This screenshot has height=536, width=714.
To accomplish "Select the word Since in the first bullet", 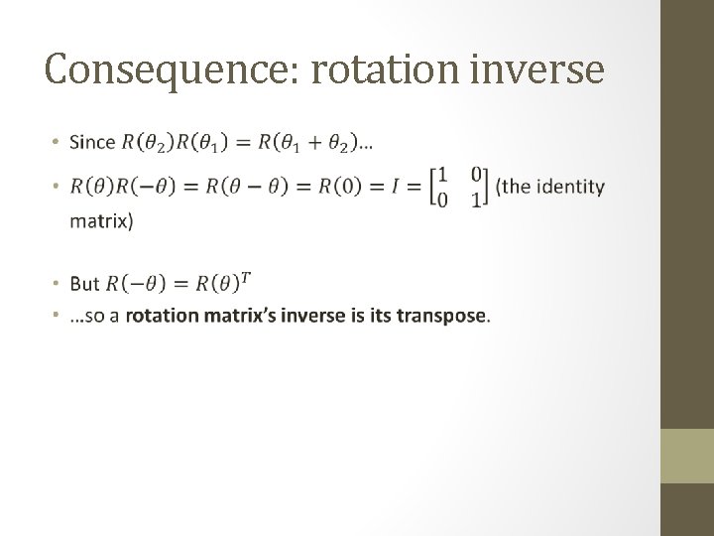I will [92, 143].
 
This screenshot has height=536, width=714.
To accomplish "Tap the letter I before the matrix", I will [400, 187].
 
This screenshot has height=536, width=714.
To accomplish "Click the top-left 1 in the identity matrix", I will [442, 176].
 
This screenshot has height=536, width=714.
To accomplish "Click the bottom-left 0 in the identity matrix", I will [442, 200].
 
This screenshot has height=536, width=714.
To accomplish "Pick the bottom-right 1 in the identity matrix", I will [476, 200].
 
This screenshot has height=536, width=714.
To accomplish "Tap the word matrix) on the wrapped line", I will [100, 221].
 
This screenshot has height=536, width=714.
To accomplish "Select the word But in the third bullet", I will [85, 285].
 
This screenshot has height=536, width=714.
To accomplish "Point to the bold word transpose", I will [441, 317].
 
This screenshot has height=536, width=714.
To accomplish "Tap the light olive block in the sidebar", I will [687, 456].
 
